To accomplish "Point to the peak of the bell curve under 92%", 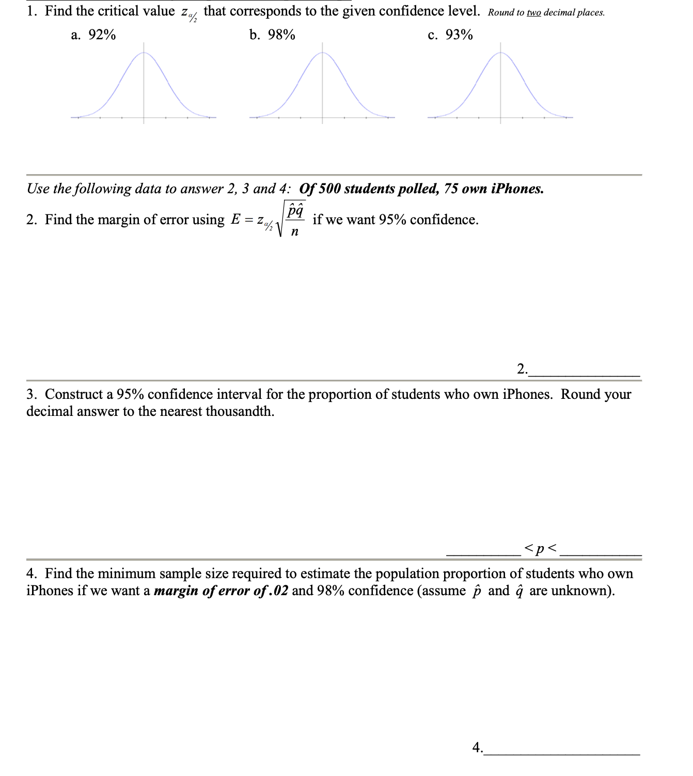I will (x=144, y=53).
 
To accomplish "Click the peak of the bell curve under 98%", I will (x=322, y=53).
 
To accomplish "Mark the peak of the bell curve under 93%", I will (x=500, y=53).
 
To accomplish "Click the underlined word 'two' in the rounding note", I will (x=533, y=13).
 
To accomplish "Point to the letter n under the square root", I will (x=294, y=232).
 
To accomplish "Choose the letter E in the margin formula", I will (x=235, y=220).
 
